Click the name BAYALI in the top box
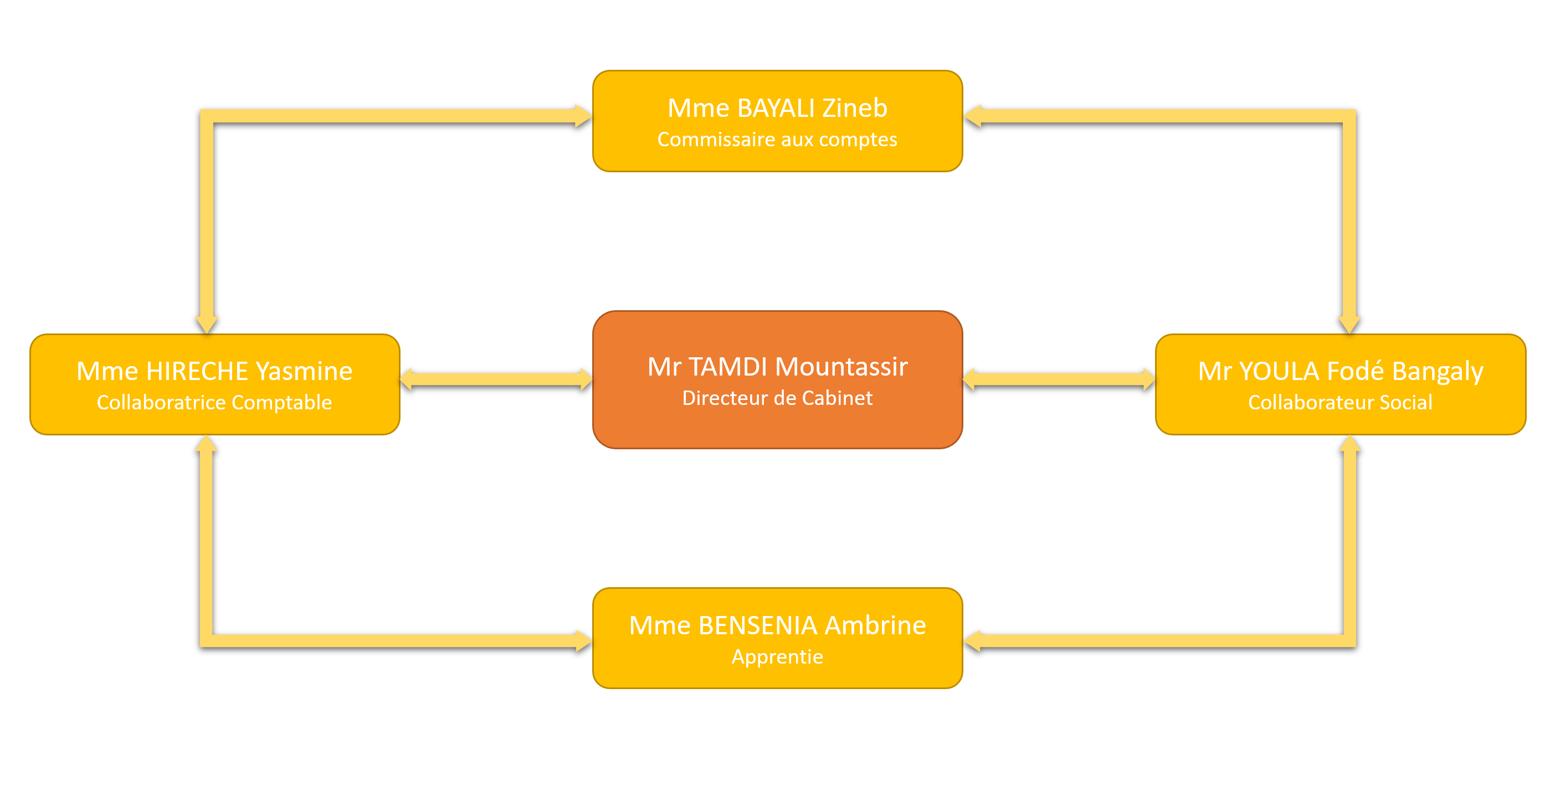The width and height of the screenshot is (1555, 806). pos(776,109)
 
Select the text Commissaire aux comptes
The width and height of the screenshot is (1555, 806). pos(777,140)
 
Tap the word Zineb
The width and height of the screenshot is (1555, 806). pos(855,109)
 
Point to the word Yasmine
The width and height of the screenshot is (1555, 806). pos(304,371)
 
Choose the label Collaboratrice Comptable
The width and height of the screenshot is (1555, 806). pos(214,403)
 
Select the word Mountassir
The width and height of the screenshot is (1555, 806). pos(841,367)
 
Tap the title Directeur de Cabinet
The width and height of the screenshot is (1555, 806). pos(777,398)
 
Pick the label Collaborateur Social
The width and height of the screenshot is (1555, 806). pos(1340,403)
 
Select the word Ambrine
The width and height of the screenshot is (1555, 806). pos(875,626)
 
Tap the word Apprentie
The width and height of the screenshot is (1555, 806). pos(777,657)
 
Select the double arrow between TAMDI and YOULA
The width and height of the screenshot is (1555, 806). pos(1059,379)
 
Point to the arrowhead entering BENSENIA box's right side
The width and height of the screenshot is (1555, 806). pos(974,640)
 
